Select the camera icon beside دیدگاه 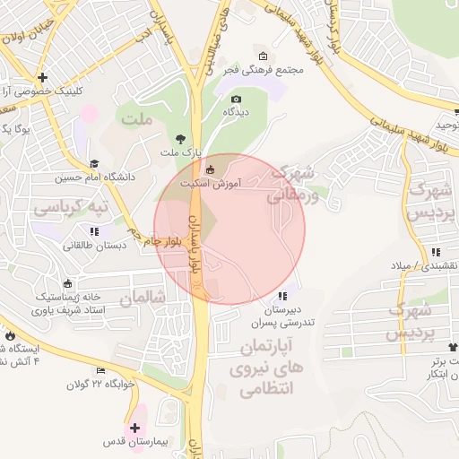236,99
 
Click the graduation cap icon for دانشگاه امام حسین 94,164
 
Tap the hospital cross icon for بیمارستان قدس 135,428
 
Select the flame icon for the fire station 10,337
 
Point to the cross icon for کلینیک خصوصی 42,78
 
